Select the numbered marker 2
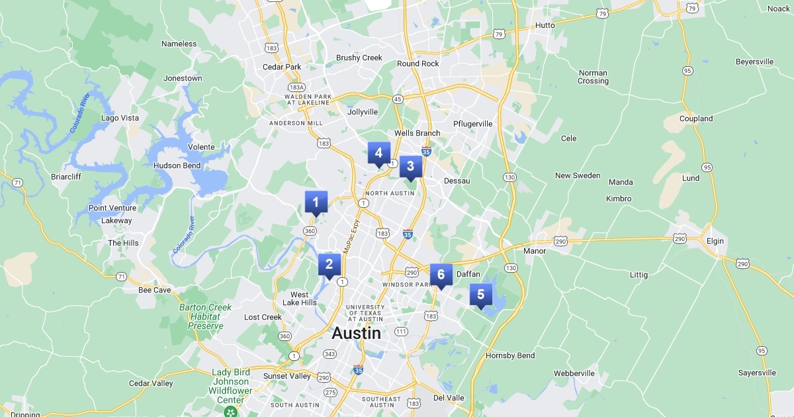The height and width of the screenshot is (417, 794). (x=329, y=265)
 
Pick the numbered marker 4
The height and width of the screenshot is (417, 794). (x=378, y=154)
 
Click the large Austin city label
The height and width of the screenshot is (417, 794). (x=356, y=333)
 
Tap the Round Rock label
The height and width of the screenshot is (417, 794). (x=418, y=64)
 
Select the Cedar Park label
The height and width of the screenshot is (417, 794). (x=282, y=67)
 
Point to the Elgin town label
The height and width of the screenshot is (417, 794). (x=715, y=241)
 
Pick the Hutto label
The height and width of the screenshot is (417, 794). (x=545, y=25)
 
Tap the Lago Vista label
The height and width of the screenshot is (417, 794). (x=120, y=118)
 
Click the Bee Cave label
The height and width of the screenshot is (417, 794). (x=155, y=290)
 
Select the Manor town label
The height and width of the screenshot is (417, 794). (x=535, y=251)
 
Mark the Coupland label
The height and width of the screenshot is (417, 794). (x=696, y=118)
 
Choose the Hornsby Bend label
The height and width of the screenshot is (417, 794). (x=510, y=355)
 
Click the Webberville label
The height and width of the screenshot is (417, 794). (x=574, y=373)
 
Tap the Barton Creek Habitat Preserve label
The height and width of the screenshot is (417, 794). (x=205, y=316)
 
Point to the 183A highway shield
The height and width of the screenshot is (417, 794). (x=297, y=87)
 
